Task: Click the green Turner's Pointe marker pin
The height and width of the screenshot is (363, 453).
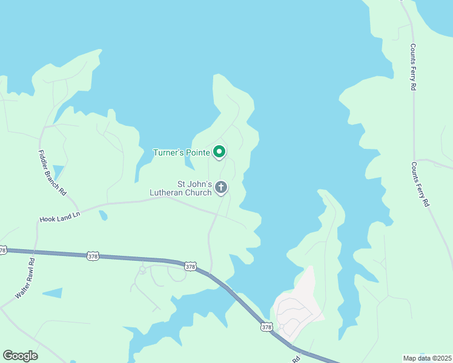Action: point(220,152)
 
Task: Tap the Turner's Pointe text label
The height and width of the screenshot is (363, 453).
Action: point(181,152)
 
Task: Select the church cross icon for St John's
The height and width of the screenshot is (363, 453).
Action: point(221,188)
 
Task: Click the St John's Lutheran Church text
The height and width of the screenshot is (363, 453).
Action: point(182,188)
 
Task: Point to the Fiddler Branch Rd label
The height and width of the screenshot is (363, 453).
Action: point(51,172)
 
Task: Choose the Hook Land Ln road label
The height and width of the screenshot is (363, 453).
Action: point(59,218)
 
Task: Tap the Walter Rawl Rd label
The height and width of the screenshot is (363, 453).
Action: point(25,278)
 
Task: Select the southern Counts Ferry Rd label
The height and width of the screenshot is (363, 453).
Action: point(420,185)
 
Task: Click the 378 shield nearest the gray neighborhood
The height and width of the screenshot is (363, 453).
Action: point(266,327)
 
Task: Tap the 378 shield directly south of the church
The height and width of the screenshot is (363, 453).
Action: point(190,266)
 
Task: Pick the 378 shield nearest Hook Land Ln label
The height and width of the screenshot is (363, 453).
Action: point(92,256)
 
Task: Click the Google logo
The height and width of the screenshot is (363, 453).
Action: point(20,356)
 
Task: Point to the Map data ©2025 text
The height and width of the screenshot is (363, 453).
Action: point(428,358)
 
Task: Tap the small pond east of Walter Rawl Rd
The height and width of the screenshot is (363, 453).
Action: point(52,293)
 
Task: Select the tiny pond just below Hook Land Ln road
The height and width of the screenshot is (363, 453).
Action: point(104,215)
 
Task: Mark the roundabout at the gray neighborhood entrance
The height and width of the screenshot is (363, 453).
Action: point(282,327)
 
